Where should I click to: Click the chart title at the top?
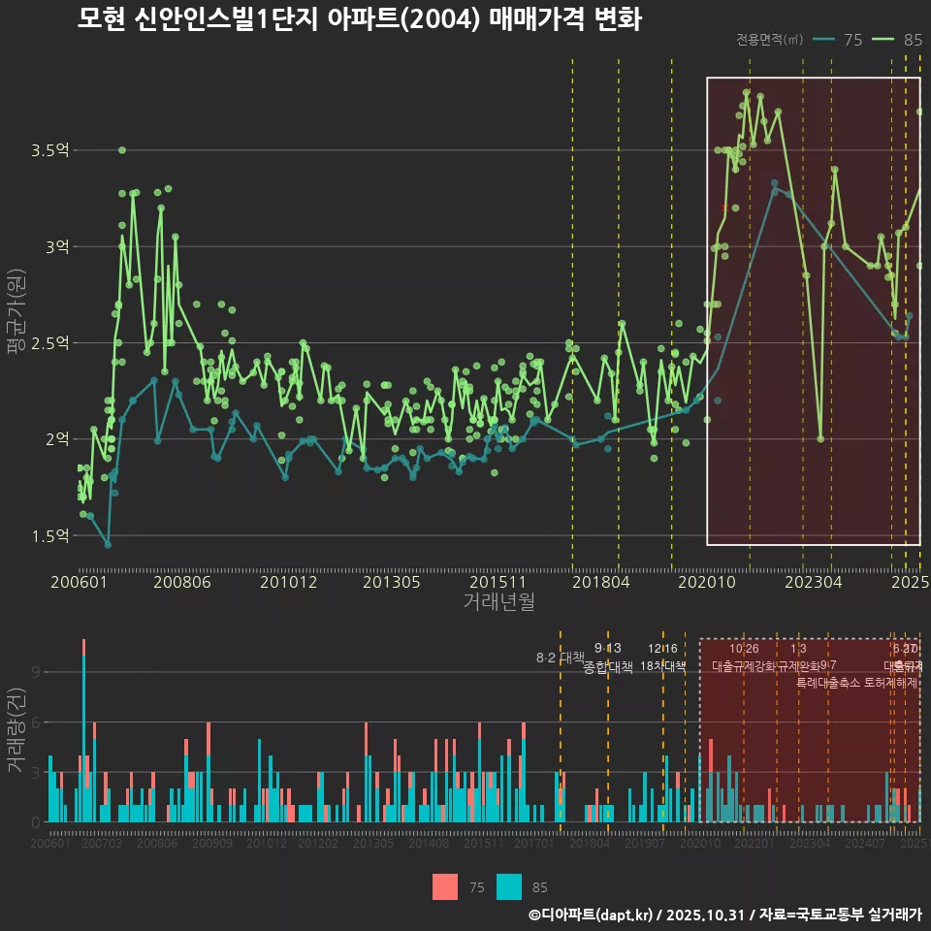[x=359, y=19]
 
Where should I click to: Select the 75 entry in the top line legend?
[x=839, y=40]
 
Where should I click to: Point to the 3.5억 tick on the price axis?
[x=50, y=151]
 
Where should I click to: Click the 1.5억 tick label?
[x=50, y=536]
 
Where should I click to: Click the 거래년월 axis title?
[x=498, y=602]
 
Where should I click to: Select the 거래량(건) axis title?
[x=16, y=729]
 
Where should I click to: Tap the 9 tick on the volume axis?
[x=36, y=671]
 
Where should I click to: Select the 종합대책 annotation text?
[x=608, y=666]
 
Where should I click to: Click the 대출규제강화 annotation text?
[x=744, y=666]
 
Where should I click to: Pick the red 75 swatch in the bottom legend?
[x=445, y=886]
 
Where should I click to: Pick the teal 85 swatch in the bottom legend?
[x=509, y=886]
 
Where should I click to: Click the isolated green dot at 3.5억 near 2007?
[x=121, y=150]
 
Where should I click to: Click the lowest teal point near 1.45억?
[x=108, y=545]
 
